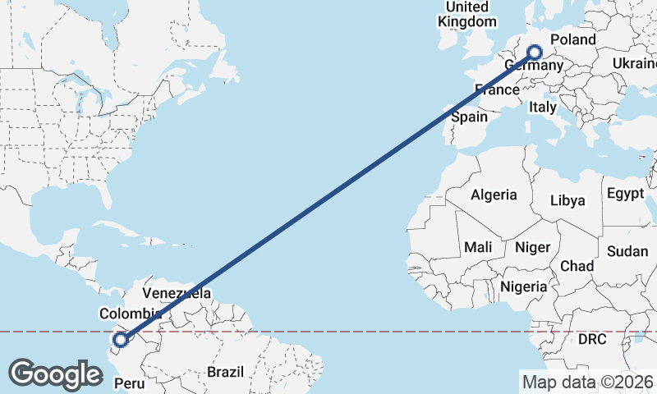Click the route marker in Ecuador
[121, 339]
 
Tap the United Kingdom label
[468, 14]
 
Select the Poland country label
[572, 39]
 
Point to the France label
[498, 89]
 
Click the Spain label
[471, 117]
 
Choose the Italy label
[542, 107]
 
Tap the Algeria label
[494, 195]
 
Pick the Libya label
[567, 200]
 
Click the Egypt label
[626, 194]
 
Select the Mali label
[478, 246]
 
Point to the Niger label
[531, 246]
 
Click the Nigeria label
[523, 286]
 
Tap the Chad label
[577, 266]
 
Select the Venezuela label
[177, 293]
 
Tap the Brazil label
[225, 372]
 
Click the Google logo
[56, 373]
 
